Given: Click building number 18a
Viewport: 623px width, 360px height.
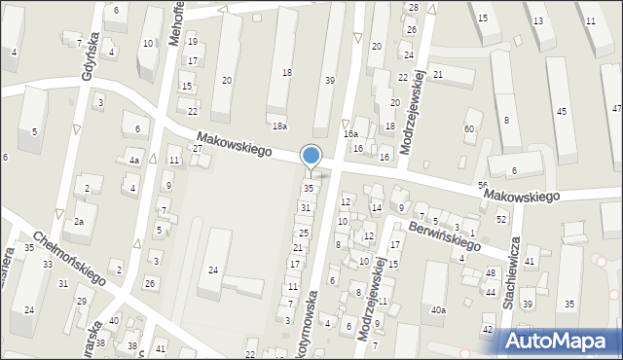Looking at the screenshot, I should tap(280, 126).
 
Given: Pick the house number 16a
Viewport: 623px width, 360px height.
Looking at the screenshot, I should tap(350, 133).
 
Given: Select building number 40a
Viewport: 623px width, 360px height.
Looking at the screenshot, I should tap(438, 310).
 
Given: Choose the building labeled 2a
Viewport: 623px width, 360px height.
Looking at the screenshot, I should tap(80, 222).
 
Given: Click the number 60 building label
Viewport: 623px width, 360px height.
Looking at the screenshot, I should tap(470, 128).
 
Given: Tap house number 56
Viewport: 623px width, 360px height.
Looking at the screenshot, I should tap(483, 185).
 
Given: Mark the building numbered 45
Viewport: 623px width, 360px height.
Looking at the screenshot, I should tap(561, 112).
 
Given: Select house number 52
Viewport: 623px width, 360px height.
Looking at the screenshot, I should tap(502, 219).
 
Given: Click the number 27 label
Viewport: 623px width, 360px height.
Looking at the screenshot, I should tap(197, 149).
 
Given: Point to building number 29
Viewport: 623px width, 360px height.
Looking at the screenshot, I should tap(82, 301).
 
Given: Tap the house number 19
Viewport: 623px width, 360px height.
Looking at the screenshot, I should tap(192, 42).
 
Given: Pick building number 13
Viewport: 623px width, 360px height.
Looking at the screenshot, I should tap(538, 19).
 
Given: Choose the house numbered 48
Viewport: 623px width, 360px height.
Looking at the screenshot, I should tap(491, 273).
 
